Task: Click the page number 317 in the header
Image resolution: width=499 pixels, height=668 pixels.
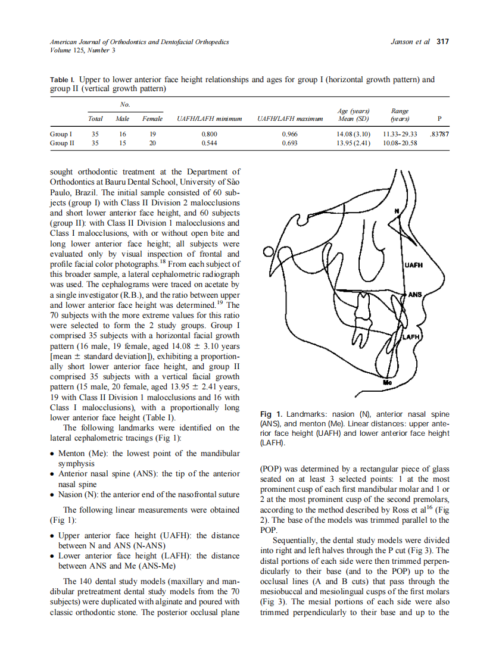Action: click(x=442, y=42)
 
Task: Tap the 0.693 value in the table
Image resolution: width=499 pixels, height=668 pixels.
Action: click(x=290, y=143)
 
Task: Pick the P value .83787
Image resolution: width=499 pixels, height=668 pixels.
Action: click(x=439, y=135)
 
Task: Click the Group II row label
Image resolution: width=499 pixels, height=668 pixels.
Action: click(x=62, y=143)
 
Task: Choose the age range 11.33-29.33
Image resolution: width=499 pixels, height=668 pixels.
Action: click(x=400, y=135)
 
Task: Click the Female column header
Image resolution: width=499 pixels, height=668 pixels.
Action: click(x=152, y=119)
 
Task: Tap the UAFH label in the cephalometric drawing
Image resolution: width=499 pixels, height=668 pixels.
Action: click(x=414, y=266)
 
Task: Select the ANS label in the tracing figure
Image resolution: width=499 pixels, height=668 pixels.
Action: click(x=415, y=295)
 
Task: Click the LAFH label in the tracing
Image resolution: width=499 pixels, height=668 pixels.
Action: click(x=412, y=338)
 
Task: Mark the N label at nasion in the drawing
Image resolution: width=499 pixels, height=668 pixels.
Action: click(x=397, y=211)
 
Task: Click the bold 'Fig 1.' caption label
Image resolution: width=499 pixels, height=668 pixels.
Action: click(x=271, y=414)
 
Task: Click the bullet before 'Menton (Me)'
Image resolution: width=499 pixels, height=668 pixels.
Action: click(x=53, y=454)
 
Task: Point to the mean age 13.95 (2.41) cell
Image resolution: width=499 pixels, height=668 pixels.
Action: click(x=354, y=143)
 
